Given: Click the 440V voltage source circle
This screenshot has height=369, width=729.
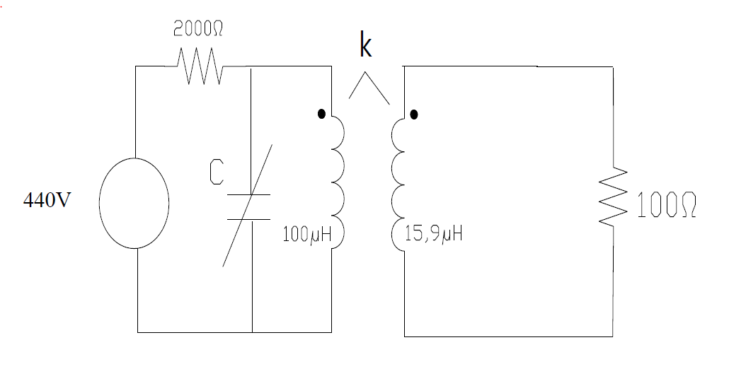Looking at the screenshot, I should [134, 202].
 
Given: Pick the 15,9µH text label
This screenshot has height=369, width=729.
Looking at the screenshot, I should [434, 234].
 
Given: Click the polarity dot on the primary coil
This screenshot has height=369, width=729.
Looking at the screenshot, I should [322, 113].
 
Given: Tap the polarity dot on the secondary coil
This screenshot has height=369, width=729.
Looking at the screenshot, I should [414, 113].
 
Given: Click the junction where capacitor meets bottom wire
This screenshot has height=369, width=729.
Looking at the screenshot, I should [252, 332].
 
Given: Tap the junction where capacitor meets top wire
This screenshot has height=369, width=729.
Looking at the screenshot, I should [252, 66].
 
